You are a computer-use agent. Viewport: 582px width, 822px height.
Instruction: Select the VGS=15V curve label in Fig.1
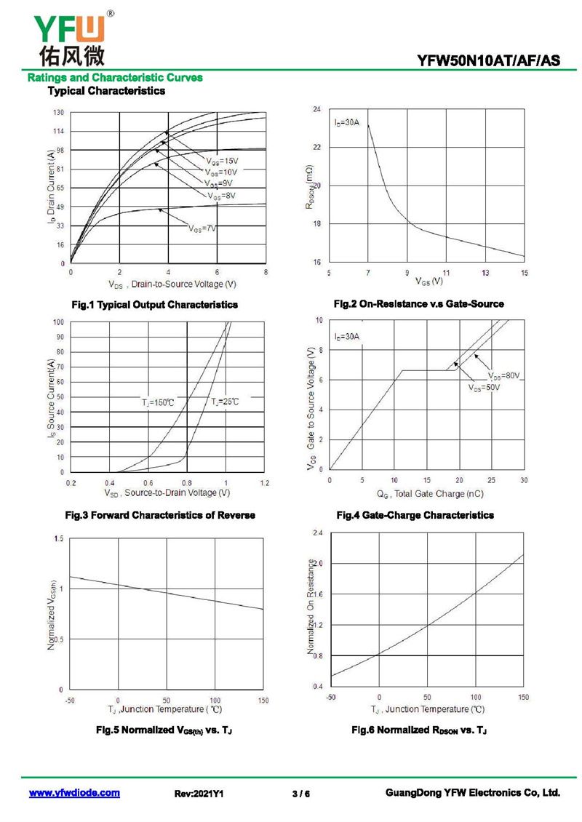click(221, 161)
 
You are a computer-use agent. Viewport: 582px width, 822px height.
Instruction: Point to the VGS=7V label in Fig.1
click(203, 228)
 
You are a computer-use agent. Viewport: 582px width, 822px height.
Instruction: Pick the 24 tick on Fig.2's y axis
click(316, 110)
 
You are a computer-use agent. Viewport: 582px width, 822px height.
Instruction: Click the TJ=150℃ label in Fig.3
click(158, 402)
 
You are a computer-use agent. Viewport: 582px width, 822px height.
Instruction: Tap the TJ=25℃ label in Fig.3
click(225, 402)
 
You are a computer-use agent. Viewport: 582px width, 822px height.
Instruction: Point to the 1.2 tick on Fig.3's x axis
click(265, 483)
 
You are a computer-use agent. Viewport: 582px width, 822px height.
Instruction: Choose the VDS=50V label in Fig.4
click(484, 388)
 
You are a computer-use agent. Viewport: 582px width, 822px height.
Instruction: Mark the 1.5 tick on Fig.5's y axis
click(58, 538)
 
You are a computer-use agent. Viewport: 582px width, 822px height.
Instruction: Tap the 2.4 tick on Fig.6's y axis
click(317, 533)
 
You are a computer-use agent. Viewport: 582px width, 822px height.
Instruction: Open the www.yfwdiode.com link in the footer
click(74, 793)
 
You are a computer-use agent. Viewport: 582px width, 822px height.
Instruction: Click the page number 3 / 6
click(300, 794)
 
